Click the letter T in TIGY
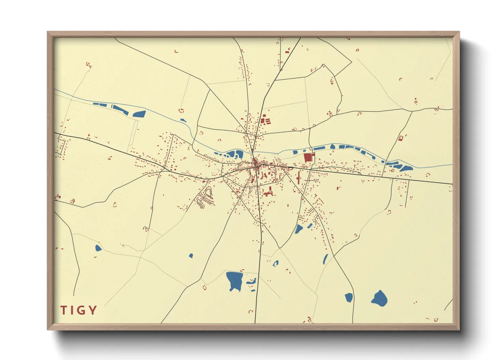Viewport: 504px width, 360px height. click(x=63, y=310)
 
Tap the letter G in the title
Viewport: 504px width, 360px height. click(x=82, y=310)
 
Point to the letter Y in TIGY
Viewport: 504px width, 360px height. click(x=93, y=310)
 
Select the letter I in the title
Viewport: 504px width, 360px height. click(x=72, y=310)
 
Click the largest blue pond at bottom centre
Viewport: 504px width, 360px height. click(x=234, y=280)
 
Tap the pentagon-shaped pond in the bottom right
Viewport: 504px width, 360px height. click(x=379, y=298)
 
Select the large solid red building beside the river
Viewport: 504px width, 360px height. click(x=308, y=158)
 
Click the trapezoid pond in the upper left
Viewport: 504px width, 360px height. click(x=139, y=114)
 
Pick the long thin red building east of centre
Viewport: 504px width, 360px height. click(x=299, y=178)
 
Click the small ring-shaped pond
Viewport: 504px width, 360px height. click(x=275, y=263)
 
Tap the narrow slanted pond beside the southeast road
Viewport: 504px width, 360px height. click(x=326, y=259)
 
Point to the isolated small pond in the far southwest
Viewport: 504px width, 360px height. click(x=98, y=248)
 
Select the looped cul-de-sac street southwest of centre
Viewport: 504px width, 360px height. click(x=206, y=198)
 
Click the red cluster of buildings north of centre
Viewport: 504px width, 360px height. click(x=265, y=120)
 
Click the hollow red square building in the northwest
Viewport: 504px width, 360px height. click(x=181, y=111)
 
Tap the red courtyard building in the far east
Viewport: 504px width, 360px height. click(x=401, y=138)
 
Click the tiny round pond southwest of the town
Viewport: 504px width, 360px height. click(x=191, y=256)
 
